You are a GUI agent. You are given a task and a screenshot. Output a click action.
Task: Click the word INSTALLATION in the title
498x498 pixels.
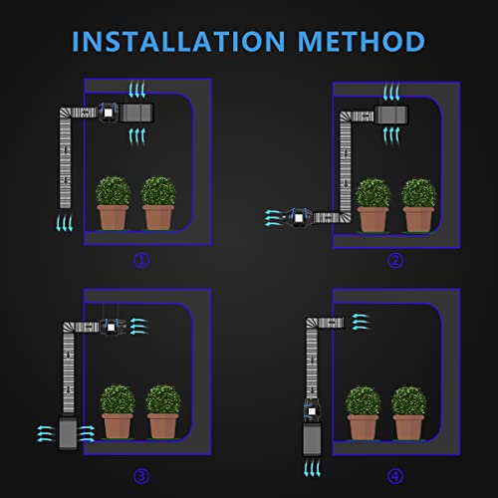pyautogui.click(x=178, y=42)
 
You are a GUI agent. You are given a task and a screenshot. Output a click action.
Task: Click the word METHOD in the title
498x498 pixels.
pyautogui.click(x=362, y=42)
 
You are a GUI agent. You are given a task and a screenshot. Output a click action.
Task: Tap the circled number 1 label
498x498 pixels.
pyautogui.click(x=141, y=261)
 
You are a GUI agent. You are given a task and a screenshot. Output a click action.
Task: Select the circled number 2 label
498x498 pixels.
pyautogui.click(x=395, y=261)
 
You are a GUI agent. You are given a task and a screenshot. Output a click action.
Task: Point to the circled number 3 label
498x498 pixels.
pyautogui.click(x=141, y=476)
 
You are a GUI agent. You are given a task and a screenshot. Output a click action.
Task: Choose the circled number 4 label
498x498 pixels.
pyautogui.click(x=395, y=476)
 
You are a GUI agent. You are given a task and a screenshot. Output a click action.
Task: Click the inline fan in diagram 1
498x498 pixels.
pyautogui.click(x=108, y=113)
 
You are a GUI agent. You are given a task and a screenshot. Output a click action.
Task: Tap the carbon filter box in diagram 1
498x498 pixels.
pyautogui.click(x=136, y=113)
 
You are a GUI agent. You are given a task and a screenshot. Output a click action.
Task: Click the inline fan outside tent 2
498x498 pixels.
pyautogui.click(x=298, y=217)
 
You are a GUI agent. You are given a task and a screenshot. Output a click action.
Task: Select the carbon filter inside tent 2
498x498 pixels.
pyautogui.click(x=391, y=115)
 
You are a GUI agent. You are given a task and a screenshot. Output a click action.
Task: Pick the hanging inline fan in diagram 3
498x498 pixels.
pyautogui.click(x=112, y=328)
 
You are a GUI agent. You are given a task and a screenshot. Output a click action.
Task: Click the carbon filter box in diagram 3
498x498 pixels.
pyautogui.click(x=68, y=433)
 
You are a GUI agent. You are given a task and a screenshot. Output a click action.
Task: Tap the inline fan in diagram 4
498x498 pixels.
pyautogui.click(x=312, y=411)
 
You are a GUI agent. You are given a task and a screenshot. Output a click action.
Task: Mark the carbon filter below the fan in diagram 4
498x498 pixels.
pyautogui.click(x=312, y=439)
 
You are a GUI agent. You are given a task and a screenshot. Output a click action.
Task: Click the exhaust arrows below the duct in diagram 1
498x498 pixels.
pyautogui.click(x=64, y=222)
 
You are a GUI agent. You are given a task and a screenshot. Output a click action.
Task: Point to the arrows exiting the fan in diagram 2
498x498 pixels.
pyautogui.click(x=274, y=218)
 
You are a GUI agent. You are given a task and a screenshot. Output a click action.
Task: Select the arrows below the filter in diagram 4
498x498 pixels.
pyautogui.click(x=312, y=468)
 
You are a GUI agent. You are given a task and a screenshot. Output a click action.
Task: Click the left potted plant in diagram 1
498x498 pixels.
pyautogui.click(x=113, y=203)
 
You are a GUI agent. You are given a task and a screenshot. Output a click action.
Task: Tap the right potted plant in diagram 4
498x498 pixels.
pyautogui.click(x=408, y=412)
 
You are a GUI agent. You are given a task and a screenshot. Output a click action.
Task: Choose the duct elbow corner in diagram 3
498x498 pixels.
pyautogui.click(x=69, y=328)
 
